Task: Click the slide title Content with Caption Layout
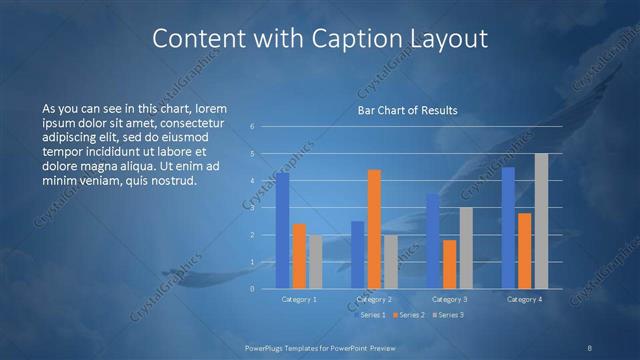point(319,39)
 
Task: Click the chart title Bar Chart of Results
point(407,110)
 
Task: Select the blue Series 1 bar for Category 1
point(283,230)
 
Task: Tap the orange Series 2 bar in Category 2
point(374,229)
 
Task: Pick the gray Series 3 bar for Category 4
point(541,221)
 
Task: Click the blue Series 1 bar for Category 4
point(509,227)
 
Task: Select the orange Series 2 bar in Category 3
point(450,264)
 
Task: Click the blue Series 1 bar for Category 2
point(358,254)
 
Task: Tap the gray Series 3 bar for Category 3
point(466,248)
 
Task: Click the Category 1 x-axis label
point(299,299)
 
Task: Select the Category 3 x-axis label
point(450,299)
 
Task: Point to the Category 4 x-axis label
point(525,299)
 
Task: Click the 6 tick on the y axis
point(253,126)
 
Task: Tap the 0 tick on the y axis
point(253,288)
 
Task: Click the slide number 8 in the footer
point(590,347)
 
